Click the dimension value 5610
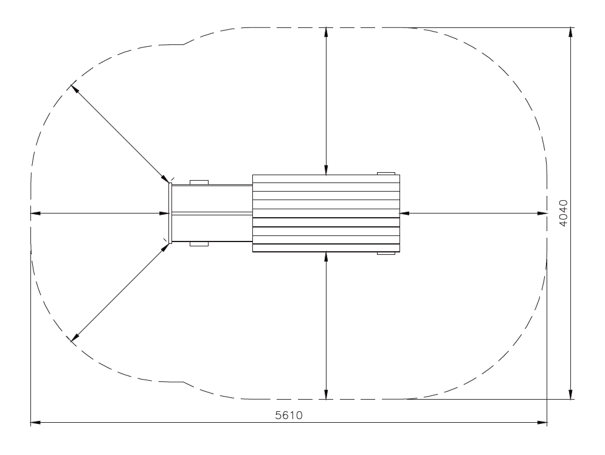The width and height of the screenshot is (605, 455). point(289,415)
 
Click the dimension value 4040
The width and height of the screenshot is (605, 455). point(563,213)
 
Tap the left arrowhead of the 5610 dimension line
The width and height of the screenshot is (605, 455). point(35,423)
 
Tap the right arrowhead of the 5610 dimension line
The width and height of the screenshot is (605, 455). point(542,423)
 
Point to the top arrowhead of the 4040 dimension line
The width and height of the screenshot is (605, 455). point(571,32)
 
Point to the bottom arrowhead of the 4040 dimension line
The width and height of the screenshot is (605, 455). point(571,394)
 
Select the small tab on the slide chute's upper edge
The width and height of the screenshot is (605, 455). point(199,182)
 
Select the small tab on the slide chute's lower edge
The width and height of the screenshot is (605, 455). point(199,244)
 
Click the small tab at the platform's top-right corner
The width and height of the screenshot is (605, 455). point(386,173)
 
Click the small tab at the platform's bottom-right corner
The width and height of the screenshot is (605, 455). point(386,253)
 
